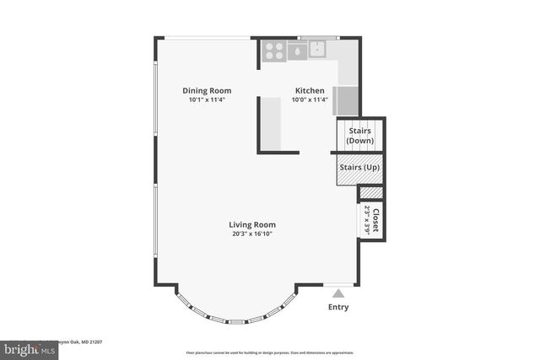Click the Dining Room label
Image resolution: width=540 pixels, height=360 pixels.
coord(207,90)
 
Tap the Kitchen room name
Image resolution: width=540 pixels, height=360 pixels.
coord(310,90)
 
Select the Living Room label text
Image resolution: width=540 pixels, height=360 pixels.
coord(252,224)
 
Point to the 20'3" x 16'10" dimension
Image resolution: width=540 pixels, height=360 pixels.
coord(252,234)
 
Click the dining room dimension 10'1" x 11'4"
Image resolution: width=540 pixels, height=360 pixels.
coord(207,99)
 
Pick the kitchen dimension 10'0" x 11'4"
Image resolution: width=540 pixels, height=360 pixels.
coord(310,99)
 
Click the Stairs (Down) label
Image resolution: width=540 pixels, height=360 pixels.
coord(360,136)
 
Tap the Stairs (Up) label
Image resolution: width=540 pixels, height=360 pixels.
coord(359,168)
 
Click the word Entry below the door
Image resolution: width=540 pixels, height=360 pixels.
coord(337,307)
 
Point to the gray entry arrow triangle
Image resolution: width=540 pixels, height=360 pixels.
coord(338,293)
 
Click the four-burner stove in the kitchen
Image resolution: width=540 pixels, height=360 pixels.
coord(273,51)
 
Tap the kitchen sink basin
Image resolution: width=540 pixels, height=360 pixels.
coord(318,49)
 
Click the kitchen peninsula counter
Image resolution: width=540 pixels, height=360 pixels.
coord(270,123)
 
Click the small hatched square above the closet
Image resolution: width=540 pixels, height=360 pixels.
coord(370,193)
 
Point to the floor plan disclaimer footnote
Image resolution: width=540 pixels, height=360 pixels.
coord(269,352)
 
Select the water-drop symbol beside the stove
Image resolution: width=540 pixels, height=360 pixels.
coord(297,51)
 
